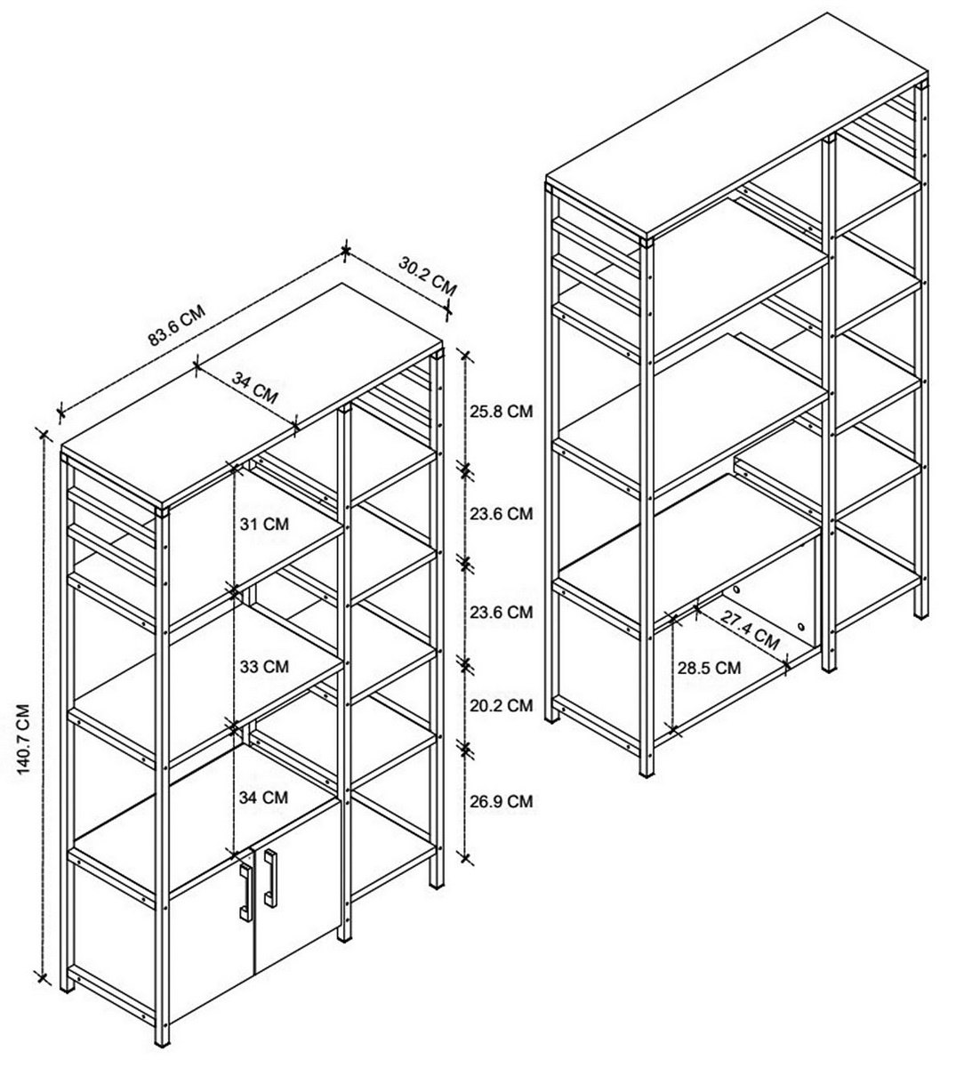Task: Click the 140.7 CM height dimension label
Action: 23,740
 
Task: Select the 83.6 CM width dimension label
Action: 176,326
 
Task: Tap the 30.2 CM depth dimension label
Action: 428,277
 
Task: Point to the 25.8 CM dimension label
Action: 501,411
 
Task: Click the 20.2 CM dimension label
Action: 501,705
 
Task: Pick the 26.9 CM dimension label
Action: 501,801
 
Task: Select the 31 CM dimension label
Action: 264,524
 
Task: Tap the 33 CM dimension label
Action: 264,667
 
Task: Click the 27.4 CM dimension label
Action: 751,630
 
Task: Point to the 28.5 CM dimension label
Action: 709,668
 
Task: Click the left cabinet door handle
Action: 245,891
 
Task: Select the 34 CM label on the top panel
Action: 255,387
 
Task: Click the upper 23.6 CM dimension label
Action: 501,514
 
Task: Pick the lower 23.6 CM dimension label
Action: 501,612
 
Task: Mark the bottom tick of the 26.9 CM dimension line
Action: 466,857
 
